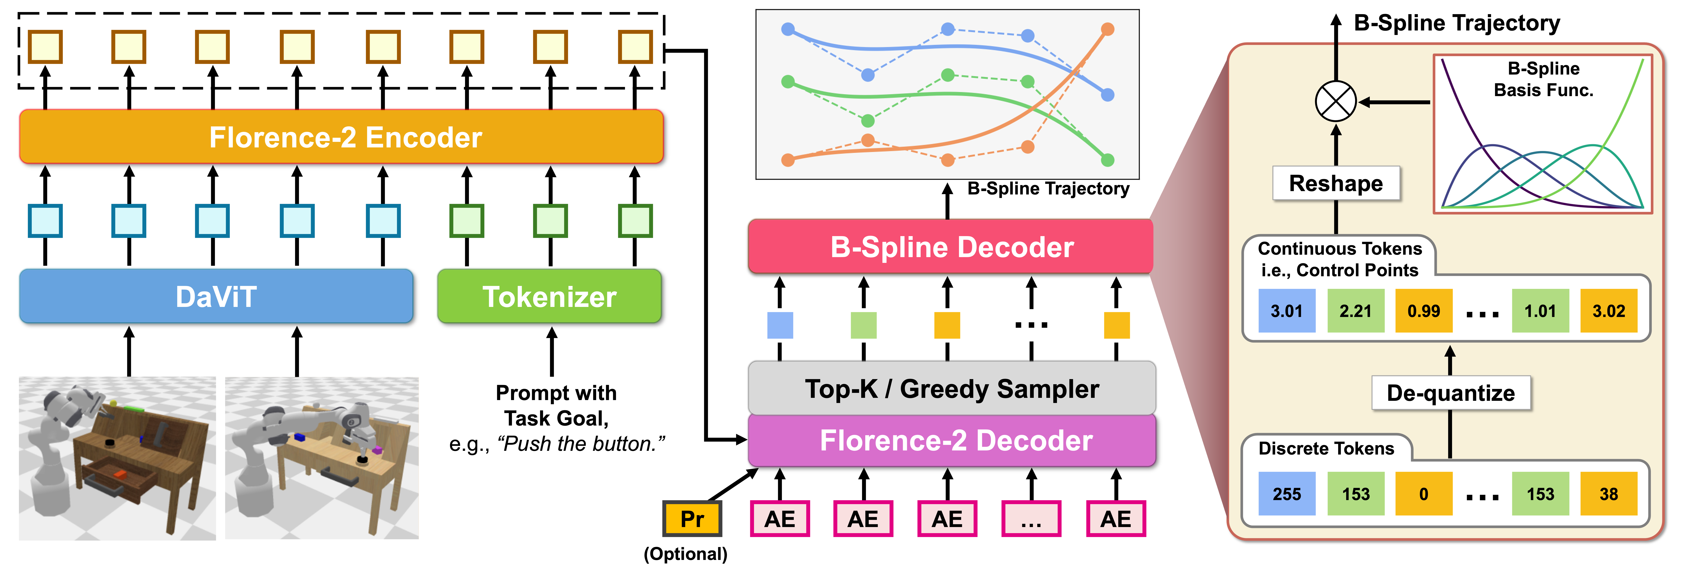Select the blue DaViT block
pos(216,297)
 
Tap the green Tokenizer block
pos(549,297)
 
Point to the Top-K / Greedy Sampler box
pos(951,389)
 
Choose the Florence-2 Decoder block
pos(951,440)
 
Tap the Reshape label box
pos(1336,184)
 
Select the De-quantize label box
pos(1451,393)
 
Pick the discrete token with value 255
pos(1287,494)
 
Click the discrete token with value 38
pos(1608,494)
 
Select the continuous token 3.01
pos(1287,311)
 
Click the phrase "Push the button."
pos(581,444)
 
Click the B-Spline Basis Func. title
pos(1543,79)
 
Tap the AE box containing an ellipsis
pos(1031,519)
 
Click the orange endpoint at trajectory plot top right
pos(1107,29)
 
